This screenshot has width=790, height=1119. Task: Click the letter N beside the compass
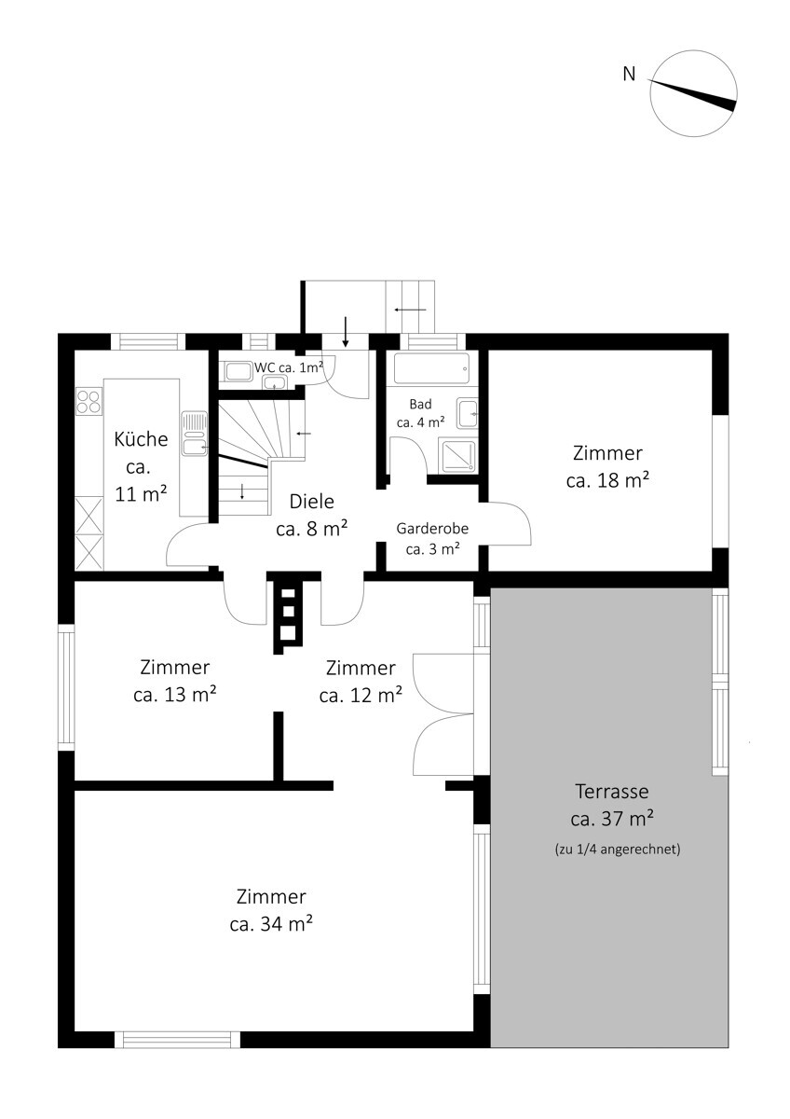629,75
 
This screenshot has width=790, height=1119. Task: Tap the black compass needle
692,95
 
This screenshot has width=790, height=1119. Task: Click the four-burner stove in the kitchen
89,401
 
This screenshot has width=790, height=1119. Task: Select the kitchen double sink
195,433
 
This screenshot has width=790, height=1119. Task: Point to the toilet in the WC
238,371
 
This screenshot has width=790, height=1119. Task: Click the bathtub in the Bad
431,368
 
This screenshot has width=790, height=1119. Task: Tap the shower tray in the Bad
457,455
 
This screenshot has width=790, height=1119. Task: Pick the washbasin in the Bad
467,414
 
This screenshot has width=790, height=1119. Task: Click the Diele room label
312,502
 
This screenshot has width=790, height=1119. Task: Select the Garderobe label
432,529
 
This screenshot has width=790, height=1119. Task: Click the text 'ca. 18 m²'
607,480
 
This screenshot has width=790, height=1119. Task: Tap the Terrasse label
612,792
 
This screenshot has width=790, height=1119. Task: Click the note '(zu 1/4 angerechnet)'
618,850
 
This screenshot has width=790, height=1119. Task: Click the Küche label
141,439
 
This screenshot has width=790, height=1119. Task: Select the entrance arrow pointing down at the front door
345,331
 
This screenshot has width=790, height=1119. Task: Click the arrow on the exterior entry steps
410,310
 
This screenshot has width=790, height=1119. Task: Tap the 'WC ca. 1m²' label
289,367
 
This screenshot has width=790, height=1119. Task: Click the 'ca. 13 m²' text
174,695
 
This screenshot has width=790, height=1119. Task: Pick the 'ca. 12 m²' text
361,696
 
